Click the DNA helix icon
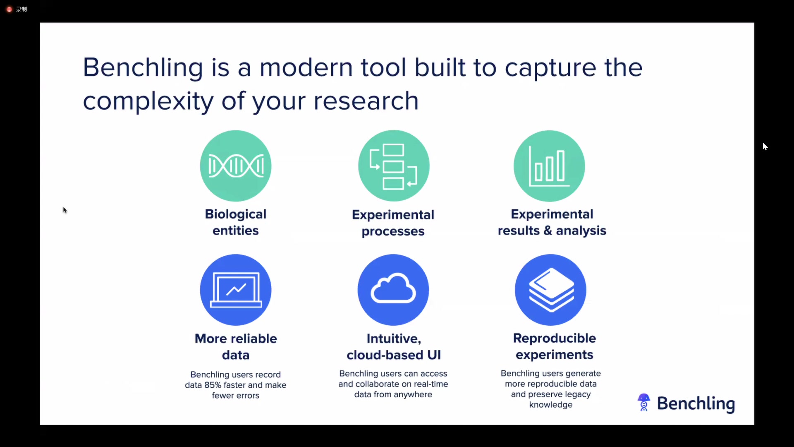coord(236,166)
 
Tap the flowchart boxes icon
coord(393,166)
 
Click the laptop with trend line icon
coord(236,290)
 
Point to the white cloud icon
coord(393,288)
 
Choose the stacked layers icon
coord(551,290)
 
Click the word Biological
coord(236,214)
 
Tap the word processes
coord(393,231)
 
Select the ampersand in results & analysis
coord(548,231)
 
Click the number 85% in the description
coord(213,385)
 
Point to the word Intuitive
coord(394,339)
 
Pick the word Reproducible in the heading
coord(555,338)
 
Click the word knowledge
coord(551,405)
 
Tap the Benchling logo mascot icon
coord(644,402)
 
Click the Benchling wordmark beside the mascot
coord(696,404)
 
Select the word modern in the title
coord(306,67)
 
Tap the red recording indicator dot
coord(9,9)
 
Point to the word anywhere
coord(413,395)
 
